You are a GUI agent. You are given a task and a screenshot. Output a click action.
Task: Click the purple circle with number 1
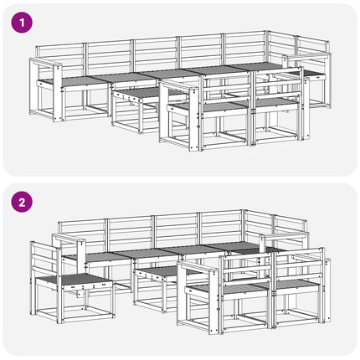(22, 23)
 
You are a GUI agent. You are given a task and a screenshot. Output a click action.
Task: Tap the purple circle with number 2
(22, 202)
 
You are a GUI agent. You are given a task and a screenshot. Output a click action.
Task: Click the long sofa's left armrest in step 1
(46, 63)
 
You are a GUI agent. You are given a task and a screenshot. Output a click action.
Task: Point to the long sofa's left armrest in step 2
(69, 239)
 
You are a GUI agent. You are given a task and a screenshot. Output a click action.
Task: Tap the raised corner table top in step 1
(306, 57)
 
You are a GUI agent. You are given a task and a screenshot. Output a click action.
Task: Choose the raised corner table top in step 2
(284, 236)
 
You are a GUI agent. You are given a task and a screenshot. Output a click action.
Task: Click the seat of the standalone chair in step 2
(75, 279)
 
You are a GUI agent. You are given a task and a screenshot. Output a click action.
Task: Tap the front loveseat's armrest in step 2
(198, 267)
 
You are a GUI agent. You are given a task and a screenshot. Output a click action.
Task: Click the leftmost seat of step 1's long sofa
(74, 81)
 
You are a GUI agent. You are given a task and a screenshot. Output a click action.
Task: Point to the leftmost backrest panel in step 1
(60, 59)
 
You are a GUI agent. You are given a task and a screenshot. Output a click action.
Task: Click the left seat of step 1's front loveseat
(209, 106)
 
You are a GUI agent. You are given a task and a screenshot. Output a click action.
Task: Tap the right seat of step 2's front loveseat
(296, 285)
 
